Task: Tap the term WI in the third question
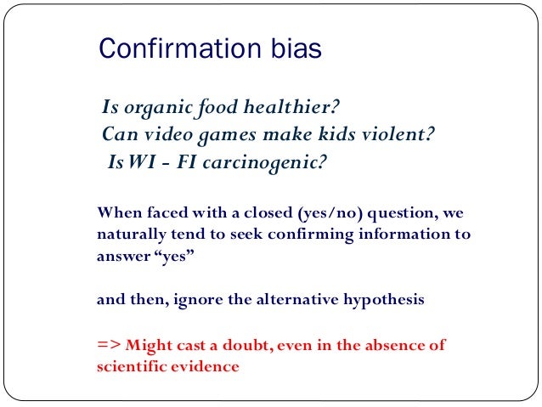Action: point(138,161)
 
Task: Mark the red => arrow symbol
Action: point(108,345)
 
